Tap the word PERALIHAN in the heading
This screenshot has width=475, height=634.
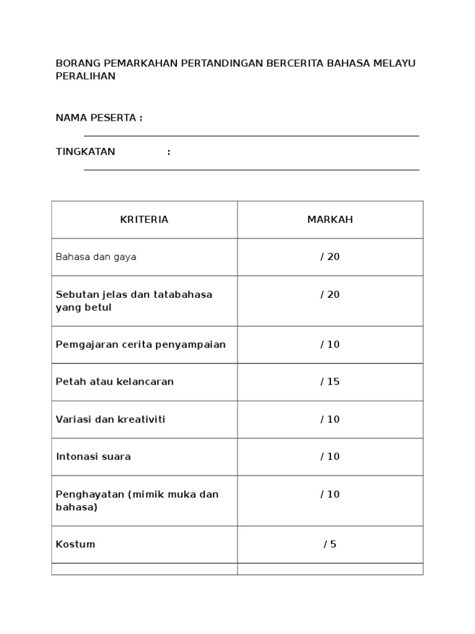[x=85, y=76]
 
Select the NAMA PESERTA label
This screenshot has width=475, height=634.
[x=99, y=118]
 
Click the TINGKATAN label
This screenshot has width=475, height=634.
[x=85, y=152]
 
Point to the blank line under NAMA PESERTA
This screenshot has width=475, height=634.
[x=251, y=136]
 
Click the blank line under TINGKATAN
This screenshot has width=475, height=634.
[x=251, y=169]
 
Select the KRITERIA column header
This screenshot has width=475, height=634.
[x=144, y=220]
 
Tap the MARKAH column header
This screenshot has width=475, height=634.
[x=330, y=220]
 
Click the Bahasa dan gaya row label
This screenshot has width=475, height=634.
[x=96, y=257]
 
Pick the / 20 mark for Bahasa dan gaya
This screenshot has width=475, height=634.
[x=330, y=257]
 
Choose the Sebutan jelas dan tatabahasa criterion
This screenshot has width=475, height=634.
[x=134, y=300]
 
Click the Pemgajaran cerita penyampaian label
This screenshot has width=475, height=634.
[x=140, y=344]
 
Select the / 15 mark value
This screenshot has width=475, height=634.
[x=330, y=381]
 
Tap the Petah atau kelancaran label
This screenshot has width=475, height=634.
[x=114, y=381]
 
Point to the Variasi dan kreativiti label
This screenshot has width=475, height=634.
[x=111, y=419]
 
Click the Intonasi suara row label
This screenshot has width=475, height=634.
[x=93, y=456]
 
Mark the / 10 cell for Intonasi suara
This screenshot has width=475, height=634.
[x=330, y=456]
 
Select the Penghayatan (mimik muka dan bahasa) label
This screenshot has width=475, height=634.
[x=137, y=500]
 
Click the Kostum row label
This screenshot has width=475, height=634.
[x=75, y=544]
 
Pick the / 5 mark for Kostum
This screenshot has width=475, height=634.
[x=330, y=544]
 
